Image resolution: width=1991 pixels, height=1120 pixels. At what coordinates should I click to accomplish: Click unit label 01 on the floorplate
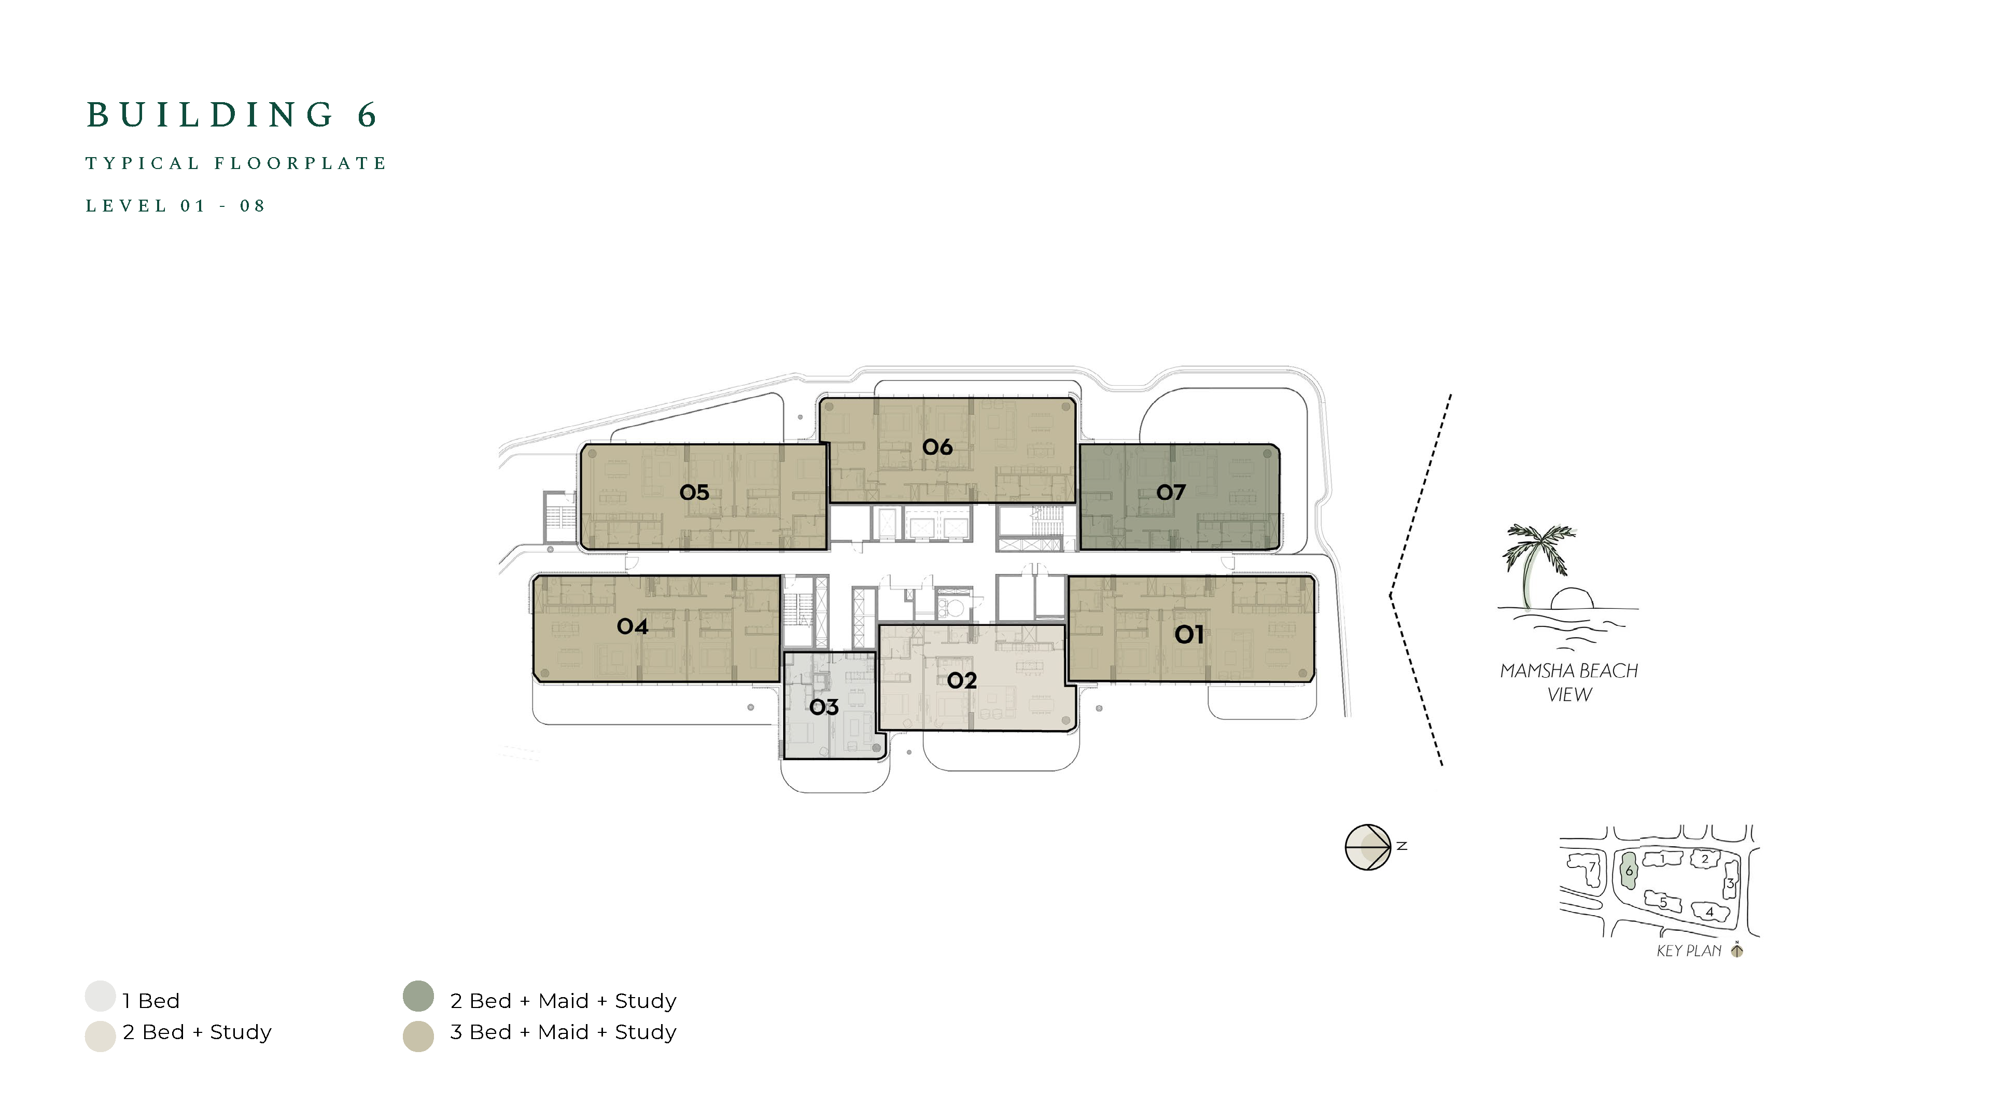(x=1189, y=635)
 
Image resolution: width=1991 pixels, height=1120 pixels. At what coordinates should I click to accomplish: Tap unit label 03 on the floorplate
(x=824, y=707)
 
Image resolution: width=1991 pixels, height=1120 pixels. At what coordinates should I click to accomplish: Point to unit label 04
(x=632, y=626)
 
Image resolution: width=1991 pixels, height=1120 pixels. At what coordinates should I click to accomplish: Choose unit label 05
(x=694, y=493)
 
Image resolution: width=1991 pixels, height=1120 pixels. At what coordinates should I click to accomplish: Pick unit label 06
(x=937, y=447)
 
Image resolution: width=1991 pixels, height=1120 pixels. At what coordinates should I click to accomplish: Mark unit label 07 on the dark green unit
(x=1170, y=493)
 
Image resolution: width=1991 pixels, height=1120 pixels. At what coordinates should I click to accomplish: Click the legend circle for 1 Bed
(x=101, y=996)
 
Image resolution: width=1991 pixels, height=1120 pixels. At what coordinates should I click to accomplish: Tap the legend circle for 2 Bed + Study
(x=101, y=1037)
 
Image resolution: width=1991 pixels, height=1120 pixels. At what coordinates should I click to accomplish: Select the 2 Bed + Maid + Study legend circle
(x=418, y=996)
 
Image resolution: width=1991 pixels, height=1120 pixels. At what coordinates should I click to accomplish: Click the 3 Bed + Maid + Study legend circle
(x=418, y=1037)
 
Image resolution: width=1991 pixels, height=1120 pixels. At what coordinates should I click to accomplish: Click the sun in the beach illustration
(x=1572, y=599)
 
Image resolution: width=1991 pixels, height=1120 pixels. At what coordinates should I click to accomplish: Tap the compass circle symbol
(x=1368, y=847)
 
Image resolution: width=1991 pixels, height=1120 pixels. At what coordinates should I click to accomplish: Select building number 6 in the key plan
(x=1629, y=871)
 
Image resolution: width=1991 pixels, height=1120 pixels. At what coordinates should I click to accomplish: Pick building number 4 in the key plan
(x=1709, y=912)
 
